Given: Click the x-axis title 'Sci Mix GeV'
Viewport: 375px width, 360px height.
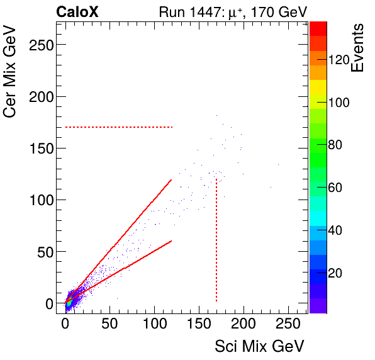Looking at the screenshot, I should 259,346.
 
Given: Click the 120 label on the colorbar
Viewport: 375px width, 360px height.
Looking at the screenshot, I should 339,59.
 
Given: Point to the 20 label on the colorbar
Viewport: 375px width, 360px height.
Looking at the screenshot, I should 335,273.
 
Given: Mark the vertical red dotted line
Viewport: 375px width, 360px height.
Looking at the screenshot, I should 216,239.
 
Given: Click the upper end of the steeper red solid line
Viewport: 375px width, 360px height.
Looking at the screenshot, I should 171,180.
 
